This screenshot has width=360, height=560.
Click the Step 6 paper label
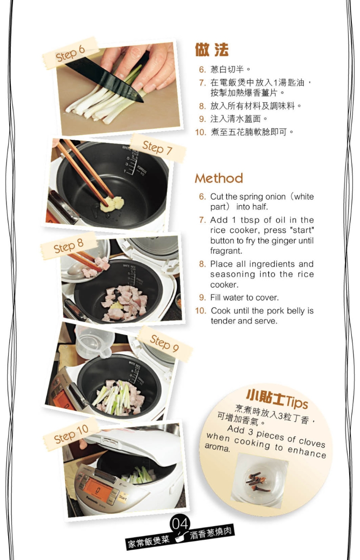(x=70, y=54)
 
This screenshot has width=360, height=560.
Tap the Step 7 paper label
(x=157, y=148)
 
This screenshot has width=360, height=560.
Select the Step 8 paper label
(x=68, y=246)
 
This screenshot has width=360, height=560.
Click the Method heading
(x=219, y=178)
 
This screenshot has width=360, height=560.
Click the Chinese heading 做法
(x=211, y=50)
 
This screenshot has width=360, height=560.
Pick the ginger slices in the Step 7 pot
(x=111, y=204)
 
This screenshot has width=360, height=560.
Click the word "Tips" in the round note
(x=296, y=401)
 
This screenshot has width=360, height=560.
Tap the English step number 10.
(x=200, y=311)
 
